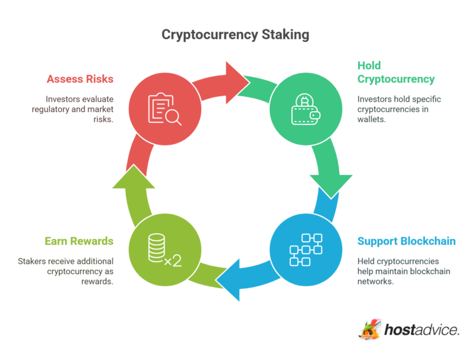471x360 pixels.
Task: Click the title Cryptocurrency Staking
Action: click(x=235, y=34)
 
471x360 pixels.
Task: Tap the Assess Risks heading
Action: click(x=80, y=79)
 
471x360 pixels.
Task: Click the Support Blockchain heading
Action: click(x=406, y=241)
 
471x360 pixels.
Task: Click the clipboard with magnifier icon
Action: click(x=165, y=109)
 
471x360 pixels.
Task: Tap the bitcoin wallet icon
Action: click(x=305, y=109)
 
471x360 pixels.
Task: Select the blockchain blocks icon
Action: click(x=305, y=250)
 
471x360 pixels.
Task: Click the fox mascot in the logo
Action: click(x=370, y=329)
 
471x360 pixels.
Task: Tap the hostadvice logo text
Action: click(x=422, y=330)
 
